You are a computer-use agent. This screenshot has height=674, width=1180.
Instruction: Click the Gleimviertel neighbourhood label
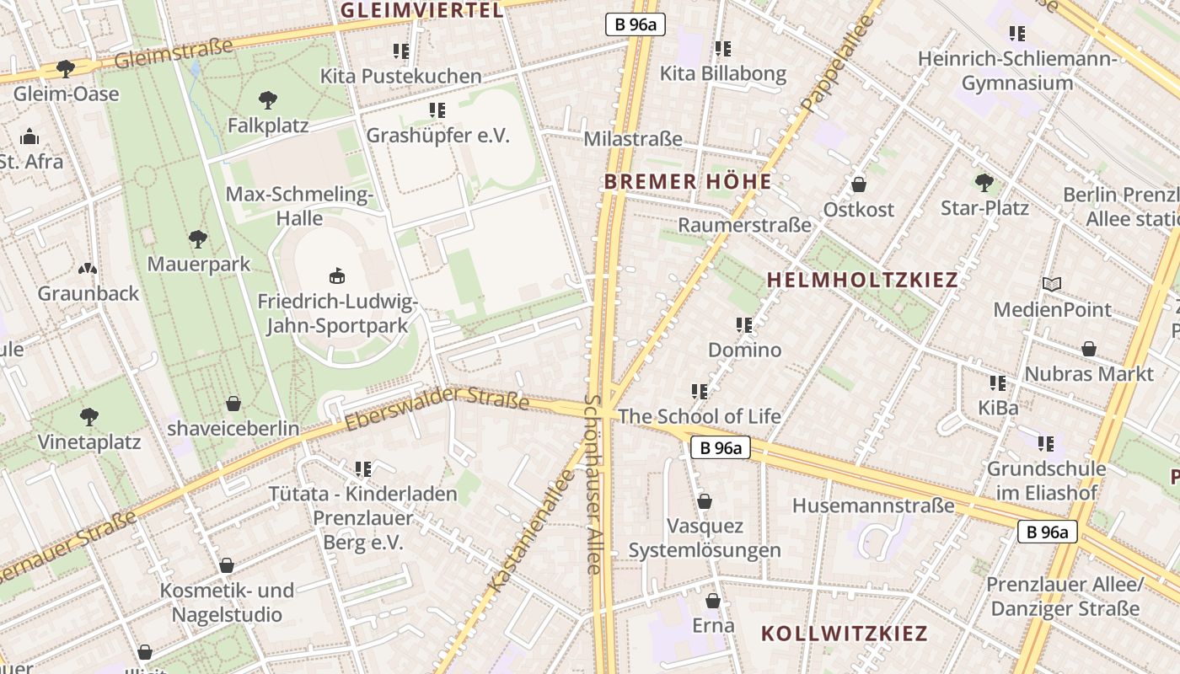click(421, 10)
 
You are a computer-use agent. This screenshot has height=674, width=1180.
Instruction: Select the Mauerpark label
click(199, 264)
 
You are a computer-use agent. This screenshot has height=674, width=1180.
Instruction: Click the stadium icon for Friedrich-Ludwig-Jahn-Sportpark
click(337, 275)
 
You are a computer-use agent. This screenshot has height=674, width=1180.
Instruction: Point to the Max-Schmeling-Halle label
click(299, 206)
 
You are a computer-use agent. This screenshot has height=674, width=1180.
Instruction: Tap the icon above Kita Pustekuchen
click(400, 51)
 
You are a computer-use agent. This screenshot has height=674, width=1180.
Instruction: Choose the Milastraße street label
click(633, 139)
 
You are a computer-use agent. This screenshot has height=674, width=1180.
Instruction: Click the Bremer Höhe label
click(688, 181)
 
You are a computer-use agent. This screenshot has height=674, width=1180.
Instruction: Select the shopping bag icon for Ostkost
click(858, 185)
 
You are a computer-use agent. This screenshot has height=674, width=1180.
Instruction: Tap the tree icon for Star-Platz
click(984, 182)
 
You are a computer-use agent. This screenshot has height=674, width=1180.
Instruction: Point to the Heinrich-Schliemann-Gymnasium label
click(1017, 71)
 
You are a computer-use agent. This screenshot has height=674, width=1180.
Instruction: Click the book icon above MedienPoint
click(1051, 285)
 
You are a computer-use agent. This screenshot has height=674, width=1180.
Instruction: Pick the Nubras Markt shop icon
click(1089, 349)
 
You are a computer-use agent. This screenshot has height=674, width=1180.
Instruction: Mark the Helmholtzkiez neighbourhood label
click(862, 280)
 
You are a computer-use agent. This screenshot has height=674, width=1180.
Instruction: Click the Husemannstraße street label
click(873, 505)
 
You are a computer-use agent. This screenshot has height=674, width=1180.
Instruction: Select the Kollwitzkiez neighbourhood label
click(844, 634)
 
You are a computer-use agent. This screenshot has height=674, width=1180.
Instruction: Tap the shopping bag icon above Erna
click(713, 601)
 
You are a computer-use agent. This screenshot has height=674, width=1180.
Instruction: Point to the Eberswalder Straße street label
click(437, 409)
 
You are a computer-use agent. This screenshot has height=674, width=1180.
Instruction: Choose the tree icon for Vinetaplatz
click(88, 417)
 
